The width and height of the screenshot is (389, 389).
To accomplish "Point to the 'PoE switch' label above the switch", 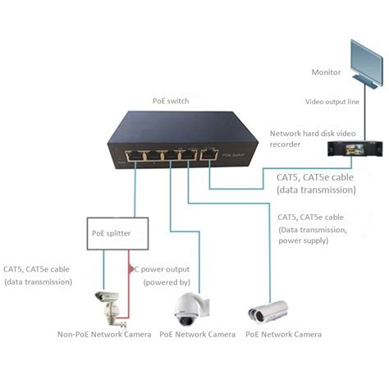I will [171, 101].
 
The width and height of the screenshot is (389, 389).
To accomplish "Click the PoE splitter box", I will [117, 233].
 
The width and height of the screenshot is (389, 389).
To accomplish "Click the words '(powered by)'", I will [167, 281].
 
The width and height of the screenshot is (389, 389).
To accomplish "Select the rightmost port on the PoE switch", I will [210, 153].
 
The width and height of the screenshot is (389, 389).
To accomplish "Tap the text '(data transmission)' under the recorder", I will [316, 189].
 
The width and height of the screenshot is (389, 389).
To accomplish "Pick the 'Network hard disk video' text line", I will [309, 133].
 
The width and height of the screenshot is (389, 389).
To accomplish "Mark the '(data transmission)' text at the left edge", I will [38, 281].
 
